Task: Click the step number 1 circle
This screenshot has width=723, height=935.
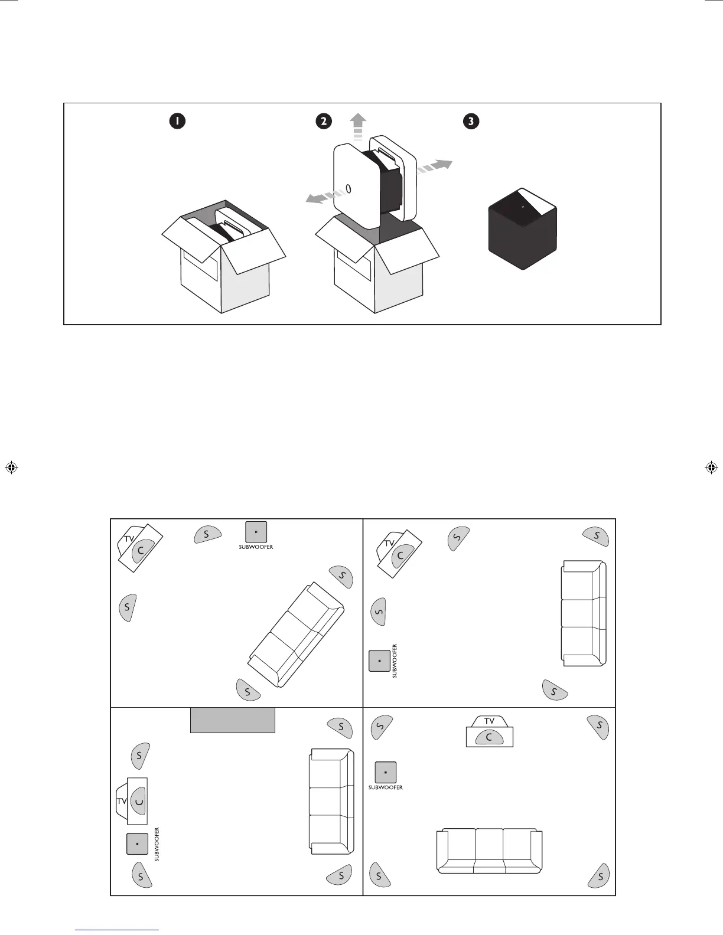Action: [x=177, y=121]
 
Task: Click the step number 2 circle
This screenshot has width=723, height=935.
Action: [x=323, y=121]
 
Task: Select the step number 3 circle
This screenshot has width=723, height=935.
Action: [x=471, y=121]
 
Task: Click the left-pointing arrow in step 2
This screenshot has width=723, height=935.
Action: [x=320, y=197]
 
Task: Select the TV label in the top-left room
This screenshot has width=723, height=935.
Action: [x=129, y=538]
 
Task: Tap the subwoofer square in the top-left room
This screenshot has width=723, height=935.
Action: [x=256, y=532]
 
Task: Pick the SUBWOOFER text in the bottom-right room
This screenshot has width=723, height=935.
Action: [x=385, y=787]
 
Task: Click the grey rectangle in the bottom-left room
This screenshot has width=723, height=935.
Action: [x=233, y=720]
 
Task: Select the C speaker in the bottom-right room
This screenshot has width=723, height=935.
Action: [x=489, y=737]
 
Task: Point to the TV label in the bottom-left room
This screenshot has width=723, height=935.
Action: [x=122, y=801]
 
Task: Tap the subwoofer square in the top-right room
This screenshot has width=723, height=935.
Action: [x=379, y=661]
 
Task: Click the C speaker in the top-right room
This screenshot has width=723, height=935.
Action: [x=401, y=555]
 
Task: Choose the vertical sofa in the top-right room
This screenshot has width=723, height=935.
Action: [x=584, y=614]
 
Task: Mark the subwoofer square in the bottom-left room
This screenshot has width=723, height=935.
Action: [x=137, y=844]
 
